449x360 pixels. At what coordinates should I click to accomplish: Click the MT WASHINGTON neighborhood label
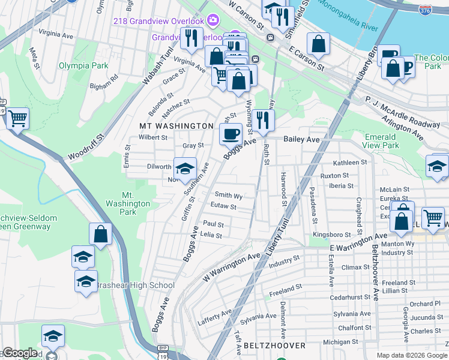(x=176, y=126)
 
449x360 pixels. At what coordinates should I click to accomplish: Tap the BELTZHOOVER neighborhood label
(x=274, y=346)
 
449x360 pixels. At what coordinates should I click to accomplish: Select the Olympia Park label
(x=83, y=65)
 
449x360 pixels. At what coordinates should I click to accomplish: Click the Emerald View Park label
(x=381, y=141)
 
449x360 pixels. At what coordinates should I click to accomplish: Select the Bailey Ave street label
(x=301, y=139)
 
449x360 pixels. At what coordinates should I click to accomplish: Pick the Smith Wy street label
(x=229, y=196)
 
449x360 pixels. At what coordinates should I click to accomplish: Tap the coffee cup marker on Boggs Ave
(x=231, y=134)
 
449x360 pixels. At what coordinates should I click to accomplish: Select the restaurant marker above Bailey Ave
(x=263, y=121)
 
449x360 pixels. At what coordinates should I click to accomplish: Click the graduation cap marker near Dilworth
(x=185, y=169)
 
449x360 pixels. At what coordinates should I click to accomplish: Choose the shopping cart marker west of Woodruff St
(x=17, y=118)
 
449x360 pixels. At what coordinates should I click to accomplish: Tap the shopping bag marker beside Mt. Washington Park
(x=101, y=235)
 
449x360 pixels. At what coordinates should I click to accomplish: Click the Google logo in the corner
(x=19, y=353)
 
